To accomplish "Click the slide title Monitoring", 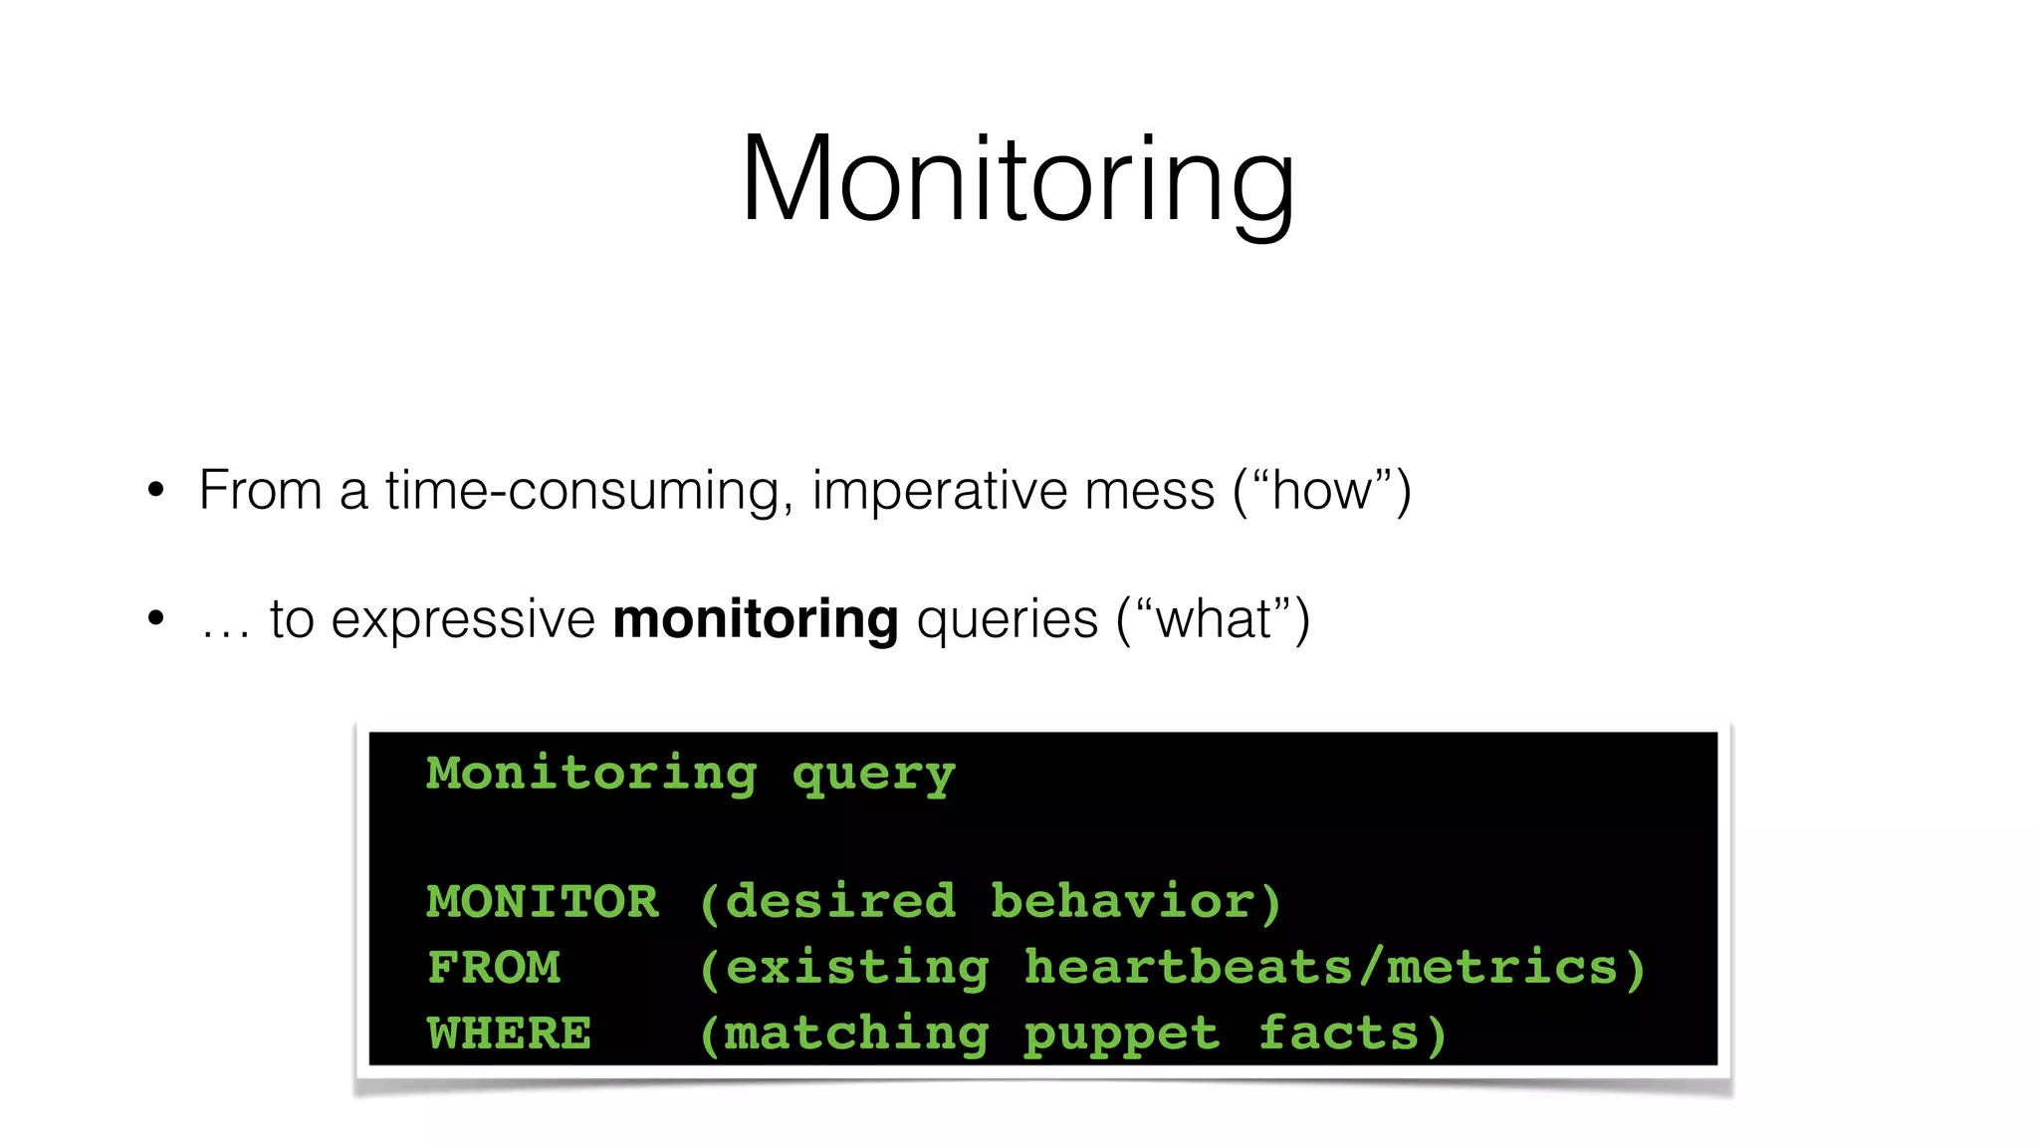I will (1018, 179).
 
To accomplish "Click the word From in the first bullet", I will (260, 490).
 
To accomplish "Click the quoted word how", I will (1321, 490).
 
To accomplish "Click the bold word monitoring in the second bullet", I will (756, 619).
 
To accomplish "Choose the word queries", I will (1007, 619).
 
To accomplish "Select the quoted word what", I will (1213, 619).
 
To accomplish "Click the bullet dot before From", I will (155, 490).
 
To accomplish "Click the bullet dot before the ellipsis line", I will (155, 618).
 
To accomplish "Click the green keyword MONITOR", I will (543, 902).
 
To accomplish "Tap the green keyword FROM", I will (494, 968).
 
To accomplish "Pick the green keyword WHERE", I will (510, 1033).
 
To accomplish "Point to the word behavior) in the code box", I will (1136, 902).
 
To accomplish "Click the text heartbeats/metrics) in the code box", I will (1335, 968).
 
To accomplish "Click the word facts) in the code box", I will (1353, 1033).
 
